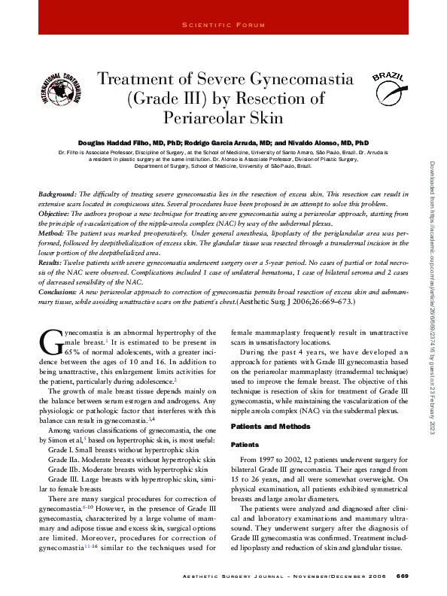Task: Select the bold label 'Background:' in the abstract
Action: pos(58,195)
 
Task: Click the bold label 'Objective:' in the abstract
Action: pos(56,214)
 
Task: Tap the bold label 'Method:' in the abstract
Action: pos(52,234)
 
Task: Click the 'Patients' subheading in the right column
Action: pos(245,443)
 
